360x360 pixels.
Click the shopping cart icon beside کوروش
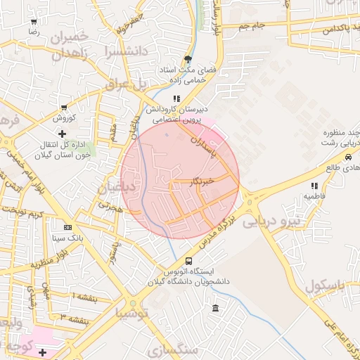click(64, 108)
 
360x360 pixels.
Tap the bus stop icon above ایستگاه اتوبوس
click(188, 261)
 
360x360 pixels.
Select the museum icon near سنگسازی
click(214, 309)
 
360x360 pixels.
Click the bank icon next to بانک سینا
click(67, 227)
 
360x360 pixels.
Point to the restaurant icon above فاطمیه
click(314, 186)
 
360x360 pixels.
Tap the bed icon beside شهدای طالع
click(328, 168)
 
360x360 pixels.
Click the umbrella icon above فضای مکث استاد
click(188, 59)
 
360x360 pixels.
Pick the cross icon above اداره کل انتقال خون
click(63, 133)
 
